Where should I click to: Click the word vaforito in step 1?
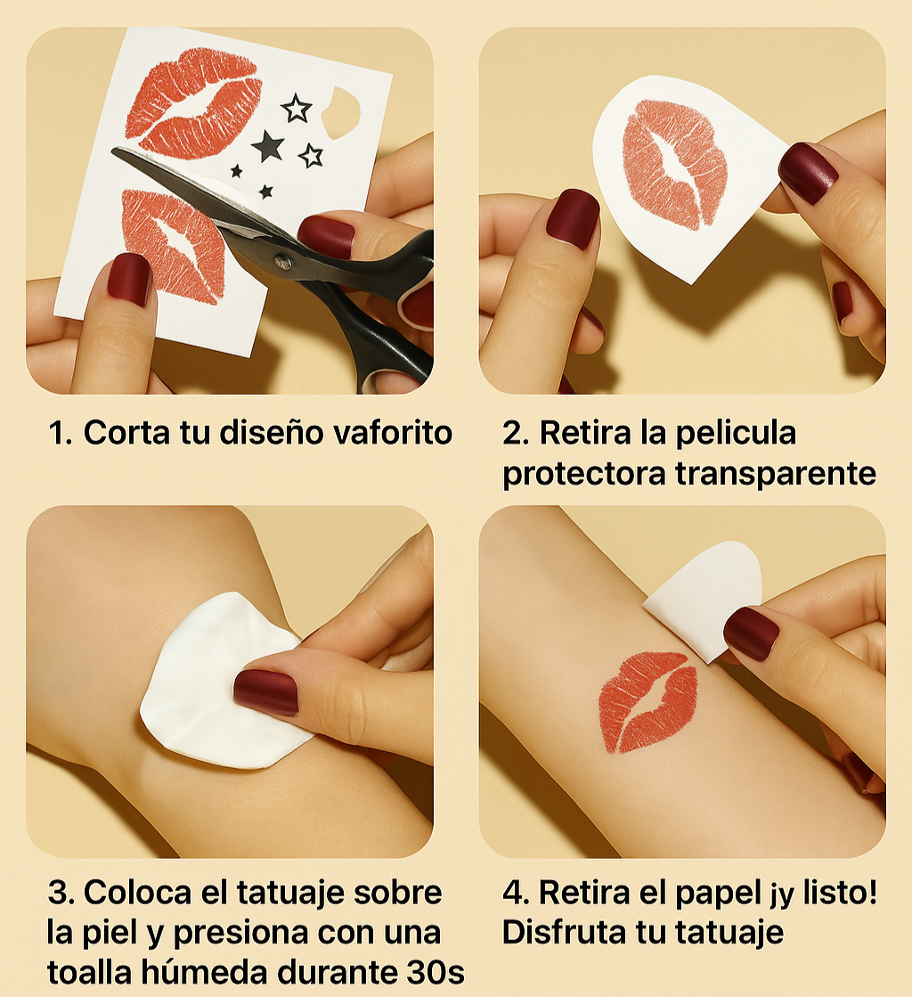pos(393,433)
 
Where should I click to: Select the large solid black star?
pos(268,146)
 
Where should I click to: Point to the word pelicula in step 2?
pos(736,433)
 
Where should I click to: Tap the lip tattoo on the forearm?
pos(647,701)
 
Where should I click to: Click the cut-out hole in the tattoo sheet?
pos(341,113)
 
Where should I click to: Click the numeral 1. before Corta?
pos(61,433)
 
